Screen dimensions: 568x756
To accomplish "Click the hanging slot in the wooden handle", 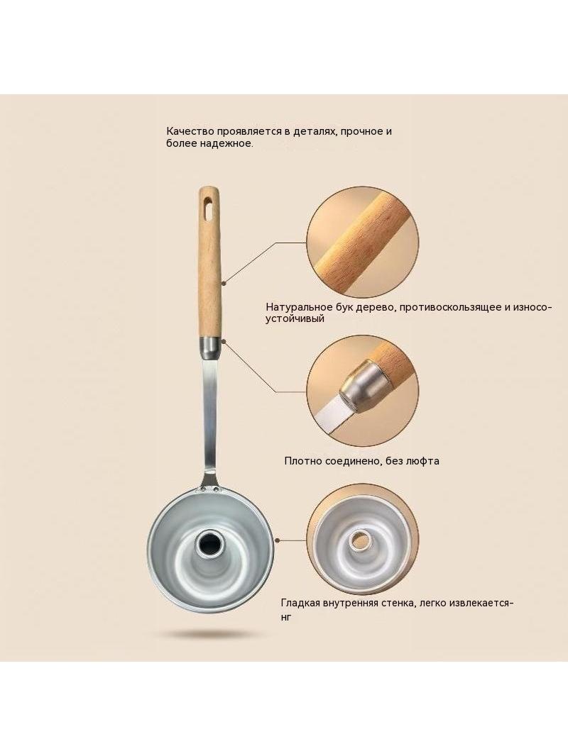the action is click(208, 206).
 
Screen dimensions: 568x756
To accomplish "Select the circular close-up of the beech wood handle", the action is click(363, 243).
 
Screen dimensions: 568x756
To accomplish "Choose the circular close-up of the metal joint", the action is click(363, 391).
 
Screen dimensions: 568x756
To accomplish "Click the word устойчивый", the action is click(295, 318).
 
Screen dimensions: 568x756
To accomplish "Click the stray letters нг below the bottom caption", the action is click(286, 617).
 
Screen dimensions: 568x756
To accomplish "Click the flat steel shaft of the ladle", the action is click(210, 415).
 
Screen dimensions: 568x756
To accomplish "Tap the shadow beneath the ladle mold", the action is click(210, 633).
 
